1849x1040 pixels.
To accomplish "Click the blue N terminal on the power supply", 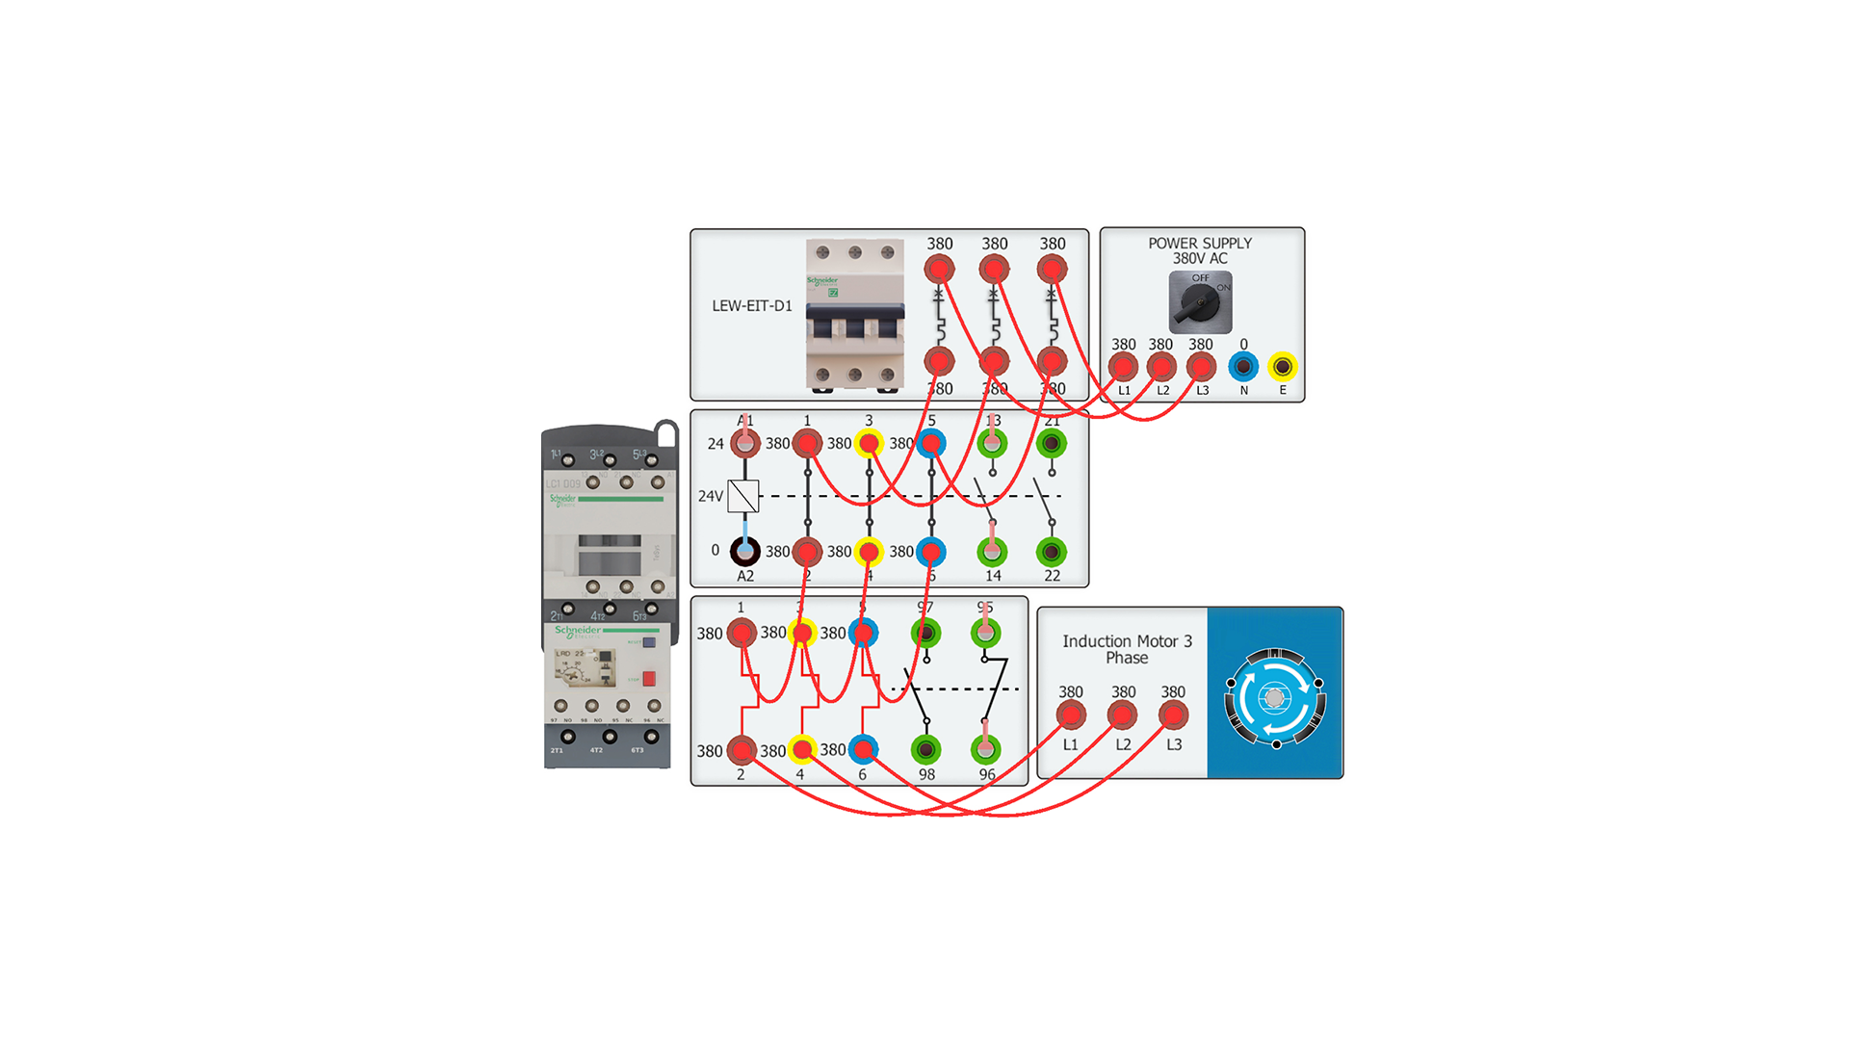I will pyautogui.click(x=1243, y=367).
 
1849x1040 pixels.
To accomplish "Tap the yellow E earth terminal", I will pyautogui.click(x=1282, y=367).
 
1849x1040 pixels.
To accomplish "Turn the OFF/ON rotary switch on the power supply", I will pyautogui.click(x=1200, y=302).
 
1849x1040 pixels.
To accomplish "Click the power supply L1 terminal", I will pyautogui.click(x=1123, y=367).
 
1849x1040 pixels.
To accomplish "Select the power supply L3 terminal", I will pyautogui.click(x=1201, y=367).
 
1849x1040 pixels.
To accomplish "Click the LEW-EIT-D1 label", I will pyautogui.click(x=752, y=306).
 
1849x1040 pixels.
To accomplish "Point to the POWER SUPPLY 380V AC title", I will pyautogui.click(x=1200, y=250).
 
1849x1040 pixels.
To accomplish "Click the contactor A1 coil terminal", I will pyautogui.click(x=744, y=444).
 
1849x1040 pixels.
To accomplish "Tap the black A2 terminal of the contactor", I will pyautogui.click(x=744, y=551).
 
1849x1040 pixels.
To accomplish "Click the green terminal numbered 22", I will pyautogui.click(x=1052, y=552).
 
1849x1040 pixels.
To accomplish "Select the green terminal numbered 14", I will pyautogui.click(x=992, y=552).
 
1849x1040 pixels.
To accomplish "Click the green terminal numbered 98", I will pyautogui.click(x=925, y=749).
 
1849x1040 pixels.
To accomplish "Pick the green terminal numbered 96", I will pyautogui.click(x=985, y=749).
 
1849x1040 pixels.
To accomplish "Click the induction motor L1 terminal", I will pyautogui.click(x=1071, y=715).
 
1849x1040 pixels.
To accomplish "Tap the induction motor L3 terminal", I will pyautogui.click(x=1173, y=715).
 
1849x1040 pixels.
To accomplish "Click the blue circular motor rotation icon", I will pyautogui.click(x=1275, y=698).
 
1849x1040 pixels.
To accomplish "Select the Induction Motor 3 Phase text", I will pyautogui.click(x=1127, y=649).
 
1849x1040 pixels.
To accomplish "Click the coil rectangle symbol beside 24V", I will pyautogui.click(x=743, y=496).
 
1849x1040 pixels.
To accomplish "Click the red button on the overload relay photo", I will pyautogui.click(x=649, y=679).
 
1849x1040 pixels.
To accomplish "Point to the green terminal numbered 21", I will pyautogui.click(x=1052, y=444).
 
